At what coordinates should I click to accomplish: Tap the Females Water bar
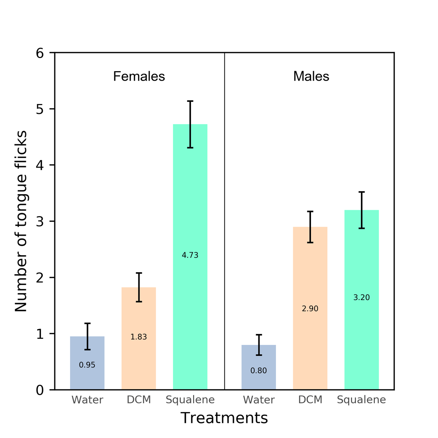[x=87, y=376]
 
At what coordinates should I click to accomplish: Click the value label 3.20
[x=362, y=297]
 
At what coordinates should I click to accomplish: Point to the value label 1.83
[x=139, y=337]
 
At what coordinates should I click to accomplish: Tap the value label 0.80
[x=259, y=371]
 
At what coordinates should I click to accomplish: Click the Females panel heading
[x=139, y=76]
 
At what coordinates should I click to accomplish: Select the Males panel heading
[x=311, y=76]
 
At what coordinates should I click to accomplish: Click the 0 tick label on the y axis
[x=40, y=390]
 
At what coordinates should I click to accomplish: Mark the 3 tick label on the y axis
[x=40, y=221]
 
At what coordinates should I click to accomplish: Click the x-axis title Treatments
[x=224, y=418]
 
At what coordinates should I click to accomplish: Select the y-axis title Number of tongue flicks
[x=21, y=221]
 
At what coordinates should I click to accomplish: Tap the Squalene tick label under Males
[x=361, y=400]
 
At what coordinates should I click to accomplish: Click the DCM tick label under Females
[x=139, y=400]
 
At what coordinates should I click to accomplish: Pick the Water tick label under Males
[x=259, y=400]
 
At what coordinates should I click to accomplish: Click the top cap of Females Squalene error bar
[x=190, y=101]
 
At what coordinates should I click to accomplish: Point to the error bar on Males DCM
[x=310, y=227]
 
